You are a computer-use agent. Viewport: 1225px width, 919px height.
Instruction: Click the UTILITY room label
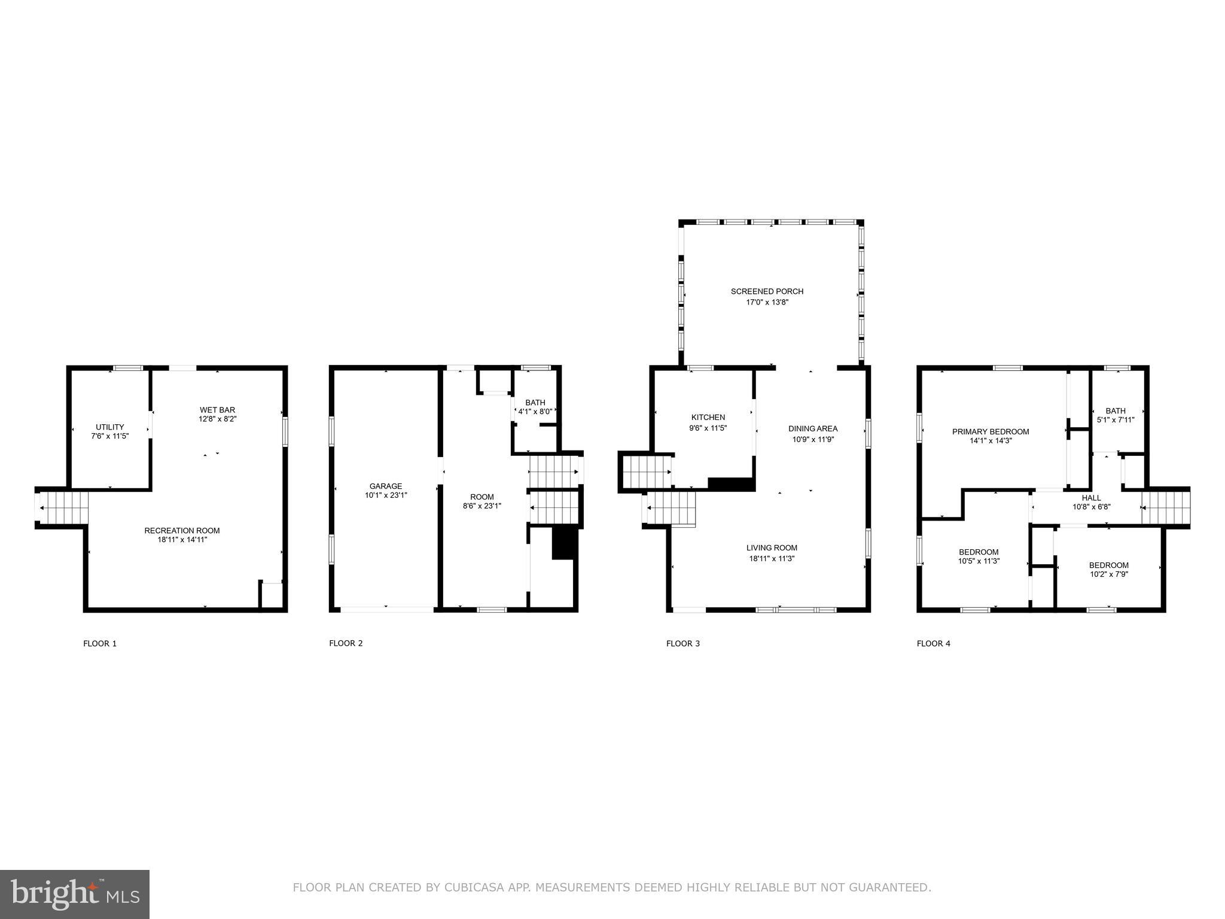coord(110,427)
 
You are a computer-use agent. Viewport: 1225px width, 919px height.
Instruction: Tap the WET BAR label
coord(218,410)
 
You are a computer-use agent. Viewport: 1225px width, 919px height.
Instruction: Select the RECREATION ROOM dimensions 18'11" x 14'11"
coord(182,540)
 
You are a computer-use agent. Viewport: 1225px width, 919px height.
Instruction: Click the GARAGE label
coord(386,486)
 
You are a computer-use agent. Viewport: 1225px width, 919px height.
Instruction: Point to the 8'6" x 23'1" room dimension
coord(482,506)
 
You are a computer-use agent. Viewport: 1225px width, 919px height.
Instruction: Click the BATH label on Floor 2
coord(535,403)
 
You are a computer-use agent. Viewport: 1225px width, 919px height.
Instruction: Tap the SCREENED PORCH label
coord(767,291)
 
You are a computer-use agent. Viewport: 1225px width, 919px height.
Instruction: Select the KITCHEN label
coord(708,417)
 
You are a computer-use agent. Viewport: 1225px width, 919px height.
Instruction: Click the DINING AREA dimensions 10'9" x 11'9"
coord(813,439)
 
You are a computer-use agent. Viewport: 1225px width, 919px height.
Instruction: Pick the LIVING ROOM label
coord(772,547)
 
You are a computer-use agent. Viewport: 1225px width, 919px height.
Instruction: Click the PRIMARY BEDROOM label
coord(991,431)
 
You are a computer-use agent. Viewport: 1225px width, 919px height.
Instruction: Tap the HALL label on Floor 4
coord(1092,498)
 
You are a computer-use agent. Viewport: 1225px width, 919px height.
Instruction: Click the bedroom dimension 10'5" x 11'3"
coord(979,561)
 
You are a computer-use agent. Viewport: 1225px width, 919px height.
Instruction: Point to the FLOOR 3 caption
coord(683,643)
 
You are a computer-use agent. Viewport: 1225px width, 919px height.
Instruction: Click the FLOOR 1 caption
coord(100,643)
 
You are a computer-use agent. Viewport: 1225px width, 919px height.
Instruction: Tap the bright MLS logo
coord(75,894)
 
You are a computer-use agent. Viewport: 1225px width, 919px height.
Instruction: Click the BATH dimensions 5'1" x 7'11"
coord(1116,419)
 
